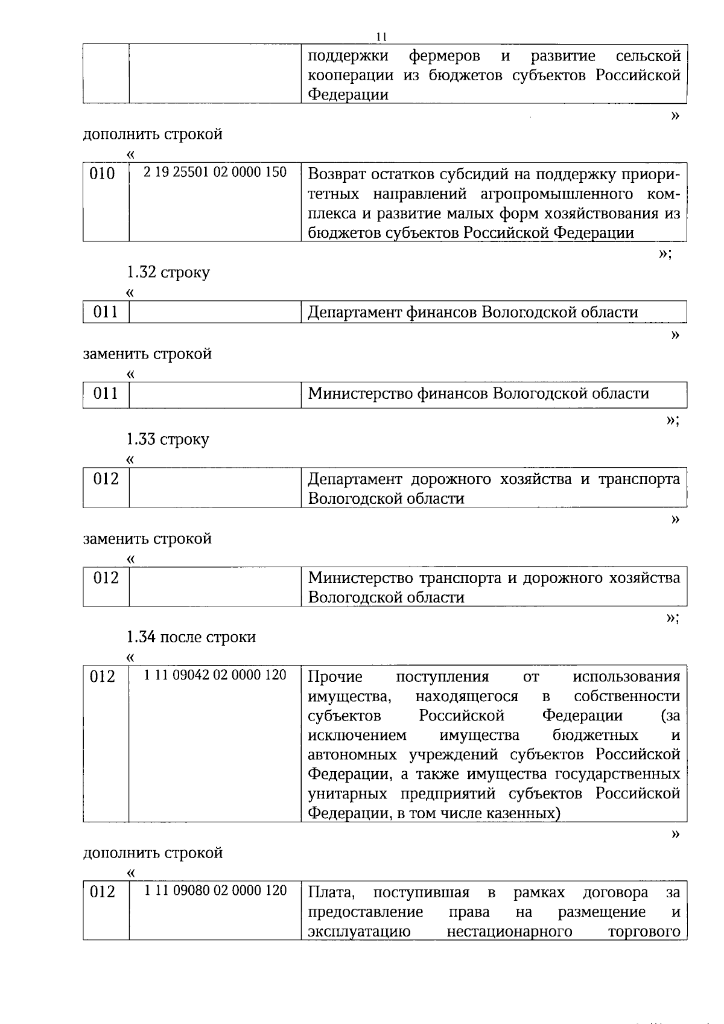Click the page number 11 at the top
click(381, 36)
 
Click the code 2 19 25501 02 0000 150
click(215, 172)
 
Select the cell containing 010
click(102, 174)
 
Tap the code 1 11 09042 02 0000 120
click(215, 675)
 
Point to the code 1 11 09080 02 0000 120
click(215, 890)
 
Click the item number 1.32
click(141, 272)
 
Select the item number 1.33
click(141, 439)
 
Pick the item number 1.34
click(141, 637)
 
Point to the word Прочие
click(335, 676)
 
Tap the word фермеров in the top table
click(445, 56)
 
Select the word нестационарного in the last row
click(509, 931)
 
